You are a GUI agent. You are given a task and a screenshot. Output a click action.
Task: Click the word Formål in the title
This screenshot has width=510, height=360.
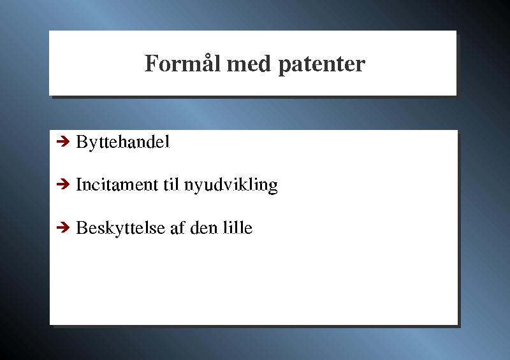(182, 63)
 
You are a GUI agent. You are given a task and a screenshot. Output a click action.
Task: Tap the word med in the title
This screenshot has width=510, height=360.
(249, 64)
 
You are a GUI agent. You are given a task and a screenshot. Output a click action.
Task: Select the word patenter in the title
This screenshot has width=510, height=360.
(322, 66)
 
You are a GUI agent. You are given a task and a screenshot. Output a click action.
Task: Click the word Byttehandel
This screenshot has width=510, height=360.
(122, 142)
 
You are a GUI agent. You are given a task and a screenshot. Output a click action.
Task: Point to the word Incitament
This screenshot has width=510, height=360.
(117, 184)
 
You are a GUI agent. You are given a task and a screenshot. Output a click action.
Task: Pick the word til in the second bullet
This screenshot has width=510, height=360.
(171, 184)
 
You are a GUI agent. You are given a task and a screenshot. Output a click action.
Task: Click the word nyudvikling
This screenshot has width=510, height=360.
(231, 185)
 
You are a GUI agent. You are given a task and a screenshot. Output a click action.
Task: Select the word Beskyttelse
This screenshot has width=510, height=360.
(120, 227)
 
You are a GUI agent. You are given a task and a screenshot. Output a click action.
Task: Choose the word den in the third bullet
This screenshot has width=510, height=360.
(204, 227)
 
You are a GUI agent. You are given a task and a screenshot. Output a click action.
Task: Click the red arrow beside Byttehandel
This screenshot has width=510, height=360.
(63, 141)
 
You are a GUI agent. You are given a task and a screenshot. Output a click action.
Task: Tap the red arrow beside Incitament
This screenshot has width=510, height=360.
(63, 184)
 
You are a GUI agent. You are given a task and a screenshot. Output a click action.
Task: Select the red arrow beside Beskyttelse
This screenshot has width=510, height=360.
(63, 227)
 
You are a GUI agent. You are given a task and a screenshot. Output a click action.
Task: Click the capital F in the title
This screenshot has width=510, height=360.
(151, 64)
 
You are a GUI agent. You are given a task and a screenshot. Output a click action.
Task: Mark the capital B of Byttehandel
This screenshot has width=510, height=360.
(82, 141)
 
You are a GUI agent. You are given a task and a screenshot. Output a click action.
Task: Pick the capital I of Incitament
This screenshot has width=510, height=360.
(78, 184)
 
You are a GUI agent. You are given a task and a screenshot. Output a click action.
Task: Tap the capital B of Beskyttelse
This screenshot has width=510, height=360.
(82, 227)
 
